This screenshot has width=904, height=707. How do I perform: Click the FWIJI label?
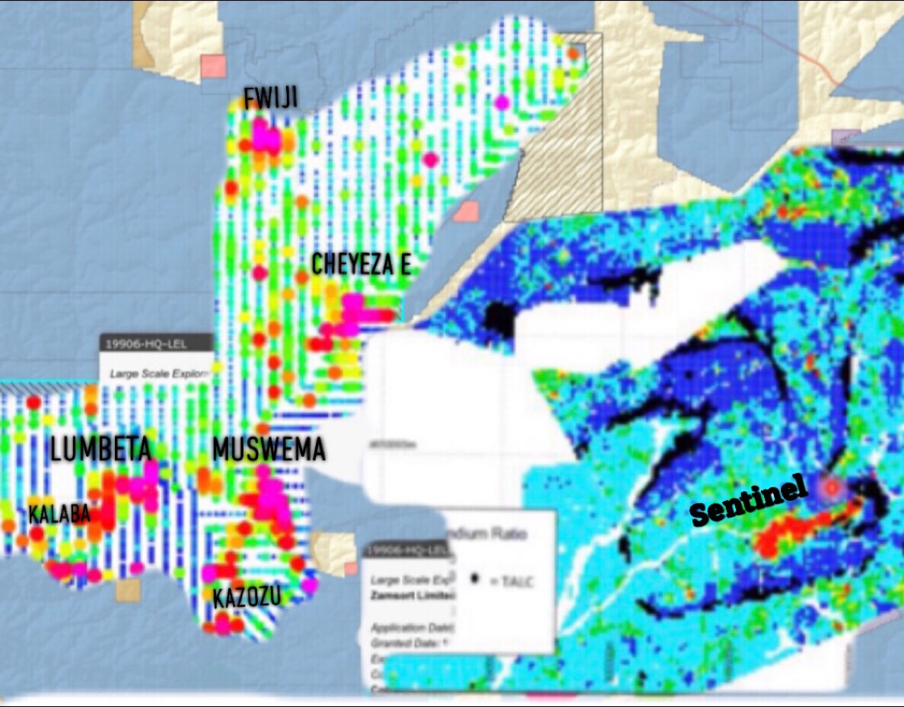[x=270, y=98]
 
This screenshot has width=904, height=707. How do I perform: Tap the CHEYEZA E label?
[x=361, y=265]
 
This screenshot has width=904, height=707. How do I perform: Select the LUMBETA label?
[x=100, y=450]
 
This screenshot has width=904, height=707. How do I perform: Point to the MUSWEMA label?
[x=269, y=450]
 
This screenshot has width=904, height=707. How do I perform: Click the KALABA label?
[x=59, y=514]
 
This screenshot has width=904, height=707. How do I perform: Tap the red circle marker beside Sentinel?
[x=831, y=486]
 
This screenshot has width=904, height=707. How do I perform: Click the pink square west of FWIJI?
[x=214, y=66]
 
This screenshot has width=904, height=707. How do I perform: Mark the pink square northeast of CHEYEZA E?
[x=466, y=211]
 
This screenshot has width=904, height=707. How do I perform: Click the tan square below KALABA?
[x=128, y=589]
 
